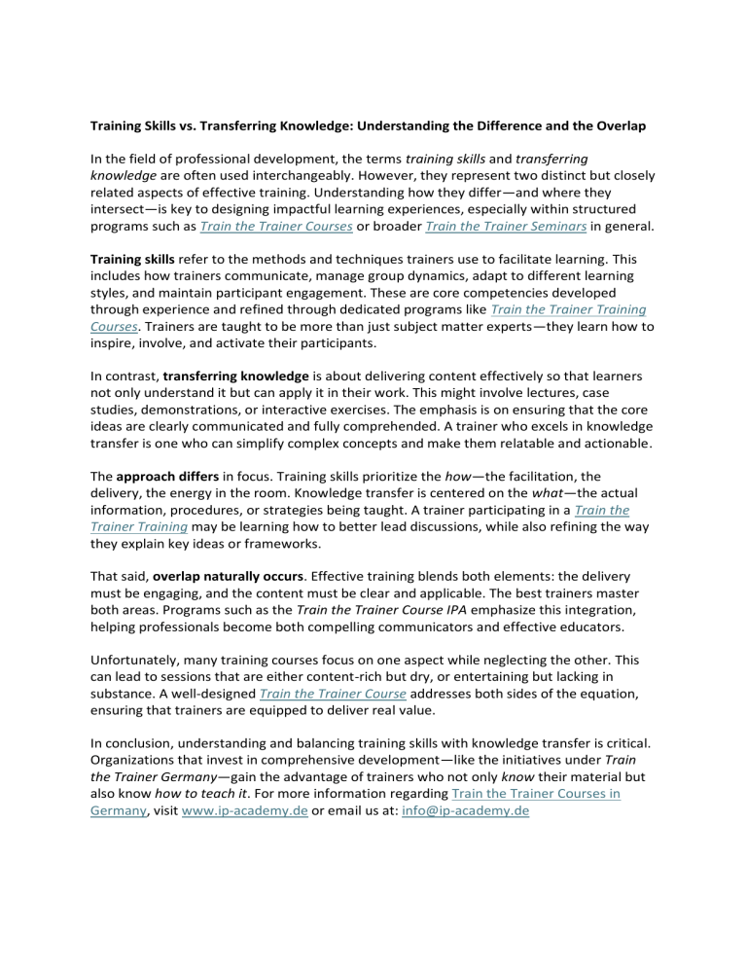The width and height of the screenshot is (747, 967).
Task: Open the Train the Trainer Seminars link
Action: [495, 227]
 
